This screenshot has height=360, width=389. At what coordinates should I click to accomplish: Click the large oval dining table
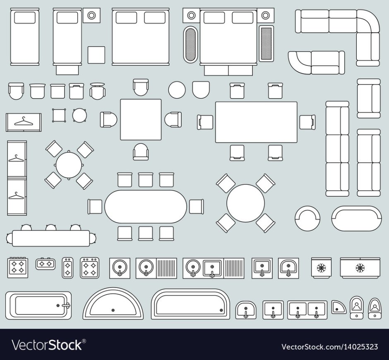pos(145,207)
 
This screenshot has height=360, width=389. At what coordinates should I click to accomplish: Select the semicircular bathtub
pos(113,303)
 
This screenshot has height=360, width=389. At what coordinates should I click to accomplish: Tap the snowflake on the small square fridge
pos(321,268)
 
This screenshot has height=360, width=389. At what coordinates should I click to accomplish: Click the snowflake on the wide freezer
pos(360,268)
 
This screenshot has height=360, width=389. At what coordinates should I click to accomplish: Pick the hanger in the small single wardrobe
pos(23,121)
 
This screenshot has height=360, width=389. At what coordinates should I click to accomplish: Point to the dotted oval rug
pos(190,44)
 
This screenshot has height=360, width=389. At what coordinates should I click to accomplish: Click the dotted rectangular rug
pos(266,43)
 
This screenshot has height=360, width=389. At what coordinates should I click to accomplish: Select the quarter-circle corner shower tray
pos(338,307)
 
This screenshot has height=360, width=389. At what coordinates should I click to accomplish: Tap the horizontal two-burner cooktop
pos(46,263)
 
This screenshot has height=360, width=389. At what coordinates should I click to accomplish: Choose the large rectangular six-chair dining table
pos(256,122)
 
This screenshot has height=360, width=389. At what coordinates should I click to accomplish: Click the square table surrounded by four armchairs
pos(141,120)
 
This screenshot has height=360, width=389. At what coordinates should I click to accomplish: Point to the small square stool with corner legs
pos(59,115)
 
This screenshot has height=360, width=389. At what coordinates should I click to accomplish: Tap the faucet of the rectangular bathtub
pos(66,305)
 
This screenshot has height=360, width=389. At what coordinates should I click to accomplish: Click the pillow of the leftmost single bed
pos(24,18)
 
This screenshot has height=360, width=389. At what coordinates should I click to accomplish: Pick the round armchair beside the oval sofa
pos(307,218)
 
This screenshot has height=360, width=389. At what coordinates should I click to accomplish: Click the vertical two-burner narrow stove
pos(67,268)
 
